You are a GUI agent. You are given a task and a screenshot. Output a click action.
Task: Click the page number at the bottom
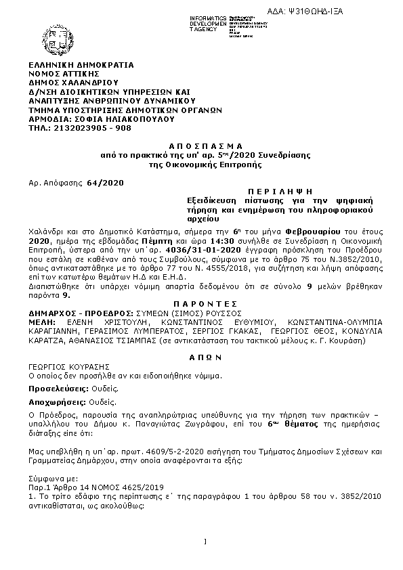205,542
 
